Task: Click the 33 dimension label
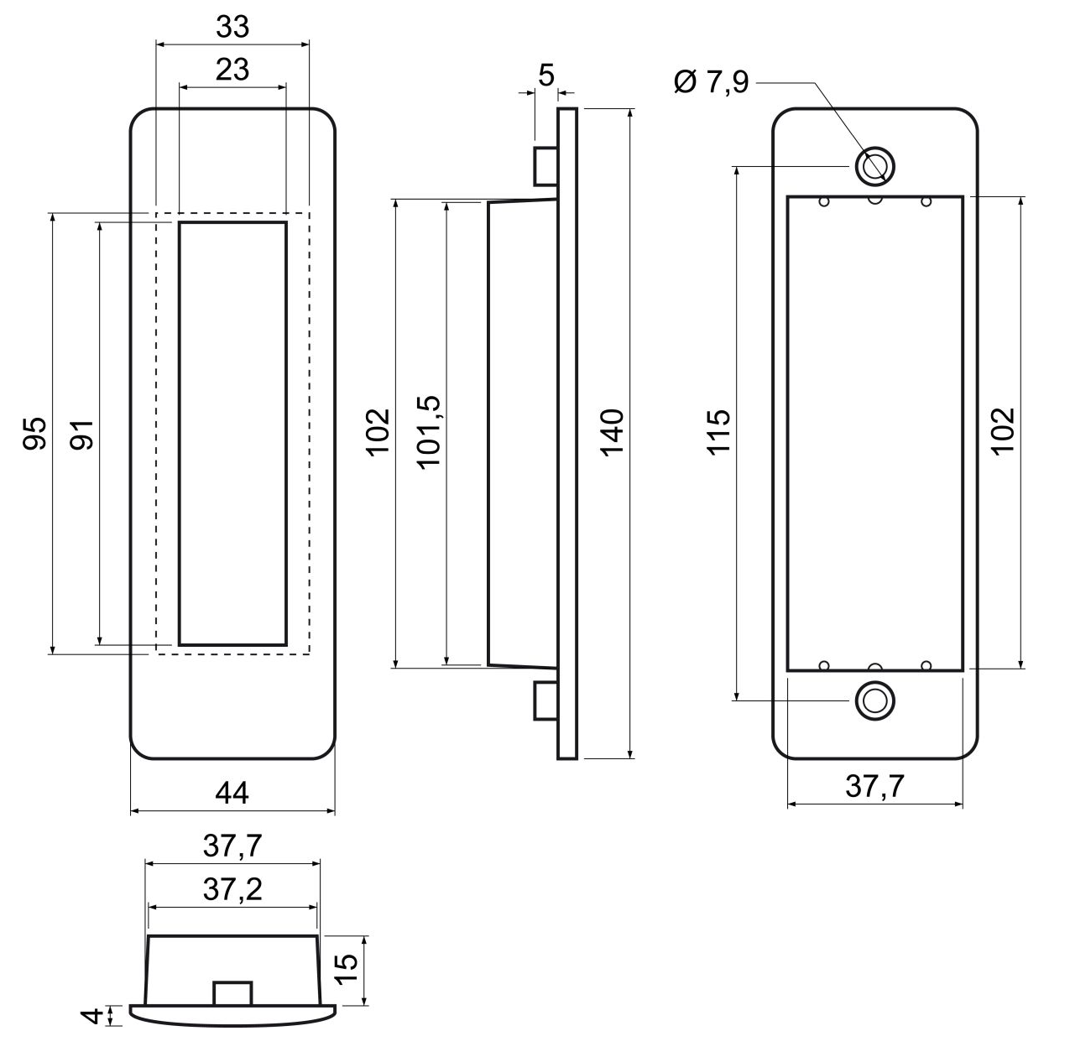point(232,28)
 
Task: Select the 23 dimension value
point(232,70)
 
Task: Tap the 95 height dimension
point(34,433)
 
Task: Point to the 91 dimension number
point(82,433)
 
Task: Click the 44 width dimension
point(232,793)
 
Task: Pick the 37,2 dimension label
point(232,889)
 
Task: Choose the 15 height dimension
point(347,971)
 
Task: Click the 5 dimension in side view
point(546,76)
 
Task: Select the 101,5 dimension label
point(430,431)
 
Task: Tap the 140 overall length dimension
point(613,433)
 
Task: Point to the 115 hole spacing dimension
point(720,433)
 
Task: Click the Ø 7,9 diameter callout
point(711,83)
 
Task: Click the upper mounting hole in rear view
point(874,165)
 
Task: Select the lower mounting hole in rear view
point(874,701)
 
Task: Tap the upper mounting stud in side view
point(545,166)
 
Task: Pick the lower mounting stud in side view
point(545,700)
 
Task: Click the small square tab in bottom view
point(232,992)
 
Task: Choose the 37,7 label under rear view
point(874,787)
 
